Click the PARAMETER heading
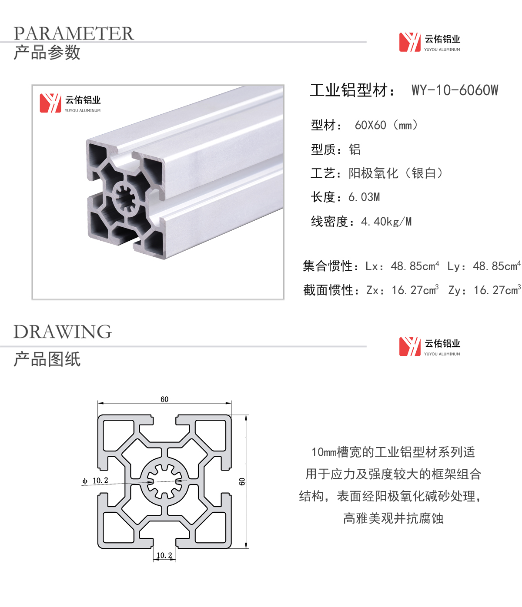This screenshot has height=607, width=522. pyautogui.click(x=74, y=33)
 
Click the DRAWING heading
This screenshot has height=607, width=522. pyautogui.click(x=63, y=332)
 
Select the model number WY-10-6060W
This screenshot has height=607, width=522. pyautogui.click(x=455, y=90)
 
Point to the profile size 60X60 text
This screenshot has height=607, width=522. pyautogui.click(x=370, y=125)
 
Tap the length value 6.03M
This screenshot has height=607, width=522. pyautogui.click(x=364, y=197)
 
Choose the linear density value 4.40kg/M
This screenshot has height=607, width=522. pyautogui.click(x=386, y=222)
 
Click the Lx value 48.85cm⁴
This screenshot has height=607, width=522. pyautogui.click(x=415, y=266)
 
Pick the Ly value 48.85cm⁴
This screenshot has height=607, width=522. pyautogui.click(x=497, y=266)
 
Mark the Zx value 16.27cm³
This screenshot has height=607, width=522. pyautogui.click(x=415, y=290)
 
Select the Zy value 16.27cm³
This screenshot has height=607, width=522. pyautogui.click(x=497, y=290)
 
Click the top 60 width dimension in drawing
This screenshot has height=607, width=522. pyautogui.click(x=164, y=399)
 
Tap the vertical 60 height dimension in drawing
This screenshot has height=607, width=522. pyautogui.click(x=242, y=481)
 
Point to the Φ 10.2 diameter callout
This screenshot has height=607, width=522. pyautogui.click(x=95, y=481)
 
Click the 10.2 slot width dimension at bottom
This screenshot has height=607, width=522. pyautogui.click(x=164, y=555)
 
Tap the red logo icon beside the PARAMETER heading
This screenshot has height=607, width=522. pyautogui.click(x=410, y=42)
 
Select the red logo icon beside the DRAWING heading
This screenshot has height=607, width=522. pyautogui.click(x=410, y=347)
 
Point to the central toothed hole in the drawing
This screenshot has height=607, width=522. pyautogui.click(x=164, y=481)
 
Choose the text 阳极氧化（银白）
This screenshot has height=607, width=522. pyautogui.click(x=395, y=173)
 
